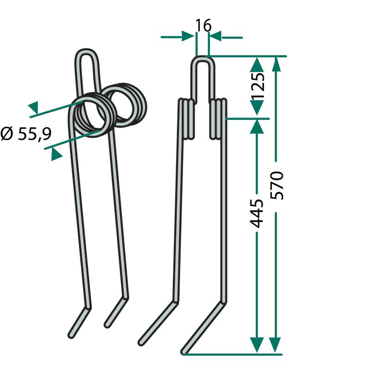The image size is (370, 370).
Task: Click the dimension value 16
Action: coord(203,25)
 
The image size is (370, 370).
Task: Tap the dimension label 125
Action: coord(257,86)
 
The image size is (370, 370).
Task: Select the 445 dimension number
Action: coord(256,214)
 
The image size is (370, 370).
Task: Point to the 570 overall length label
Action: coord(277,186)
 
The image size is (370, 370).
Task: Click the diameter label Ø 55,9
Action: coord(26,134)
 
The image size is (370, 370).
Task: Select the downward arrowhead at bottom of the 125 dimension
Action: coord(257,108)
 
